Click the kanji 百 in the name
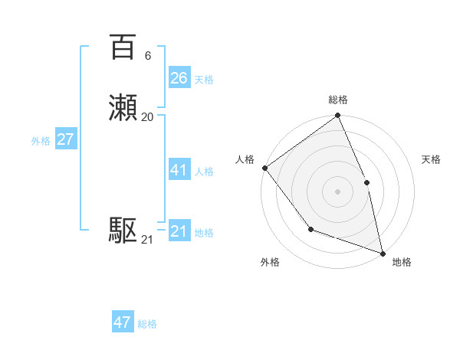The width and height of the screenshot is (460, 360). pos(123,47)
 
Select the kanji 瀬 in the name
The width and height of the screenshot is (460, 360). pos(123,107)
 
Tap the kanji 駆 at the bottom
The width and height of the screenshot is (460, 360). pos(123,230)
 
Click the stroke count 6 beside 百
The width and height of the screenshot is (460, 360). pos(147,56)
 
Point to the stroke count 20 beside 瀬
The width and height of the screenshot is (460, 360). pos(147,117)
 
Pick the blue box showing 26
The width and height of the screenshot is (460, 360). pos(179,78)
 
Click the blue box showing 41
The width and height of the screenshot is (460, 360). pos(179,170)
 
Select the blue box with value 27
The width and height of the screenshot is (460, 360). pos(65,139)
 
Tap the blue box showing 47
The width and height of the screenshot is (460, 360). pos(123,322)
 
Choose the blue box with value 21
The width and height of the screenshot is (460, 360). pos(179,231)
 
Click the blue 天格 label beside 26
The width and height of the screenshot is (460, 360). pos(204,80)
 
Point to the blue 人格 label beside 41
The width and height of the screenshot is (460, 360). pos(204,172)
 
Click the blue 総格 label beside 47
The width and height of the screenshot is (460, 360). pos(147,324)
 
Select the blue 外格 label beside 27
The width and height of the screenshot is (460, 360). pos(41,141)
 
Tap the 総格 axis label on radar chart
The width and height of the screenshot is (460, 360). pos(337,100)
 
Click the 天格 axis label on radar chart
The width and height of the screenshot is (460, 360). pos(431,159)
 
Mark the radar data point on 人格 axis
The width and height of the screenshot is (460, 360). pos(264,168)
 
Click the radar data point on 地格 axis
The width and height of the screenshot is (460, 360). pos(383,253)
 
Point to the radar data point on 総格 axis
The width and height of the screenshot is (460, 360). pos(337,116)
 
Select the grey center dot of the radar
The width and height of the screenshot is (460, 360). pos(337,191)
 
